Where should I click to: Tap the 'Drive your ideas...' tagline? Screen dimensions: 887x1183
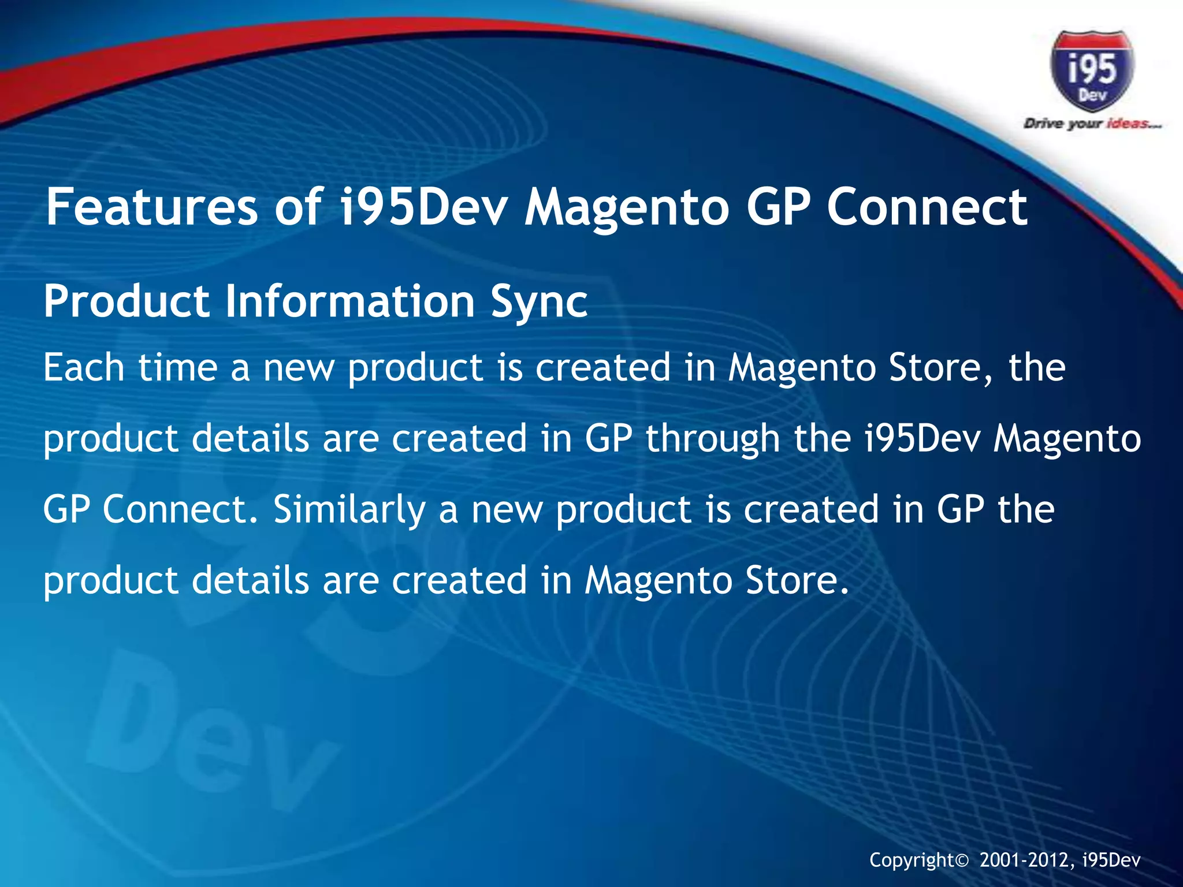point(1092,124)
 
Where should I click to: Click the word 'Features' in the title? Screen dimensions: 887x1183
point(151,207)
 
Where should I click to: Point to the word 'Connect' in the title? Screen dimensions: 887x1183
point(927,207)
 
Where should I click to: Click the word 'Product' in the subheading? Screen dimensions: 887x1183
point(127,301)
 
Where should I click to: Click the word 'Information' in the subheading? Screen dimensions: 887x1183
point(349,301)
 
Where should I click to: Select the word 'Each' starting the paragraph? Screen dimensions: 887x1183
point(84,368)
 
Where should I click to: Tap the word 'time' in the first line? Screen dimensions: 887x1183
point(177,368)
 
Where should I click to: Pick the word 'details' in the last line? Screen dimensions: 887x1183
point(250,580)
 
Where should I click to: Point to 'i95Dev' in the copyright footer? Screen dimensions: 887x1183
point(1111,860)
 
